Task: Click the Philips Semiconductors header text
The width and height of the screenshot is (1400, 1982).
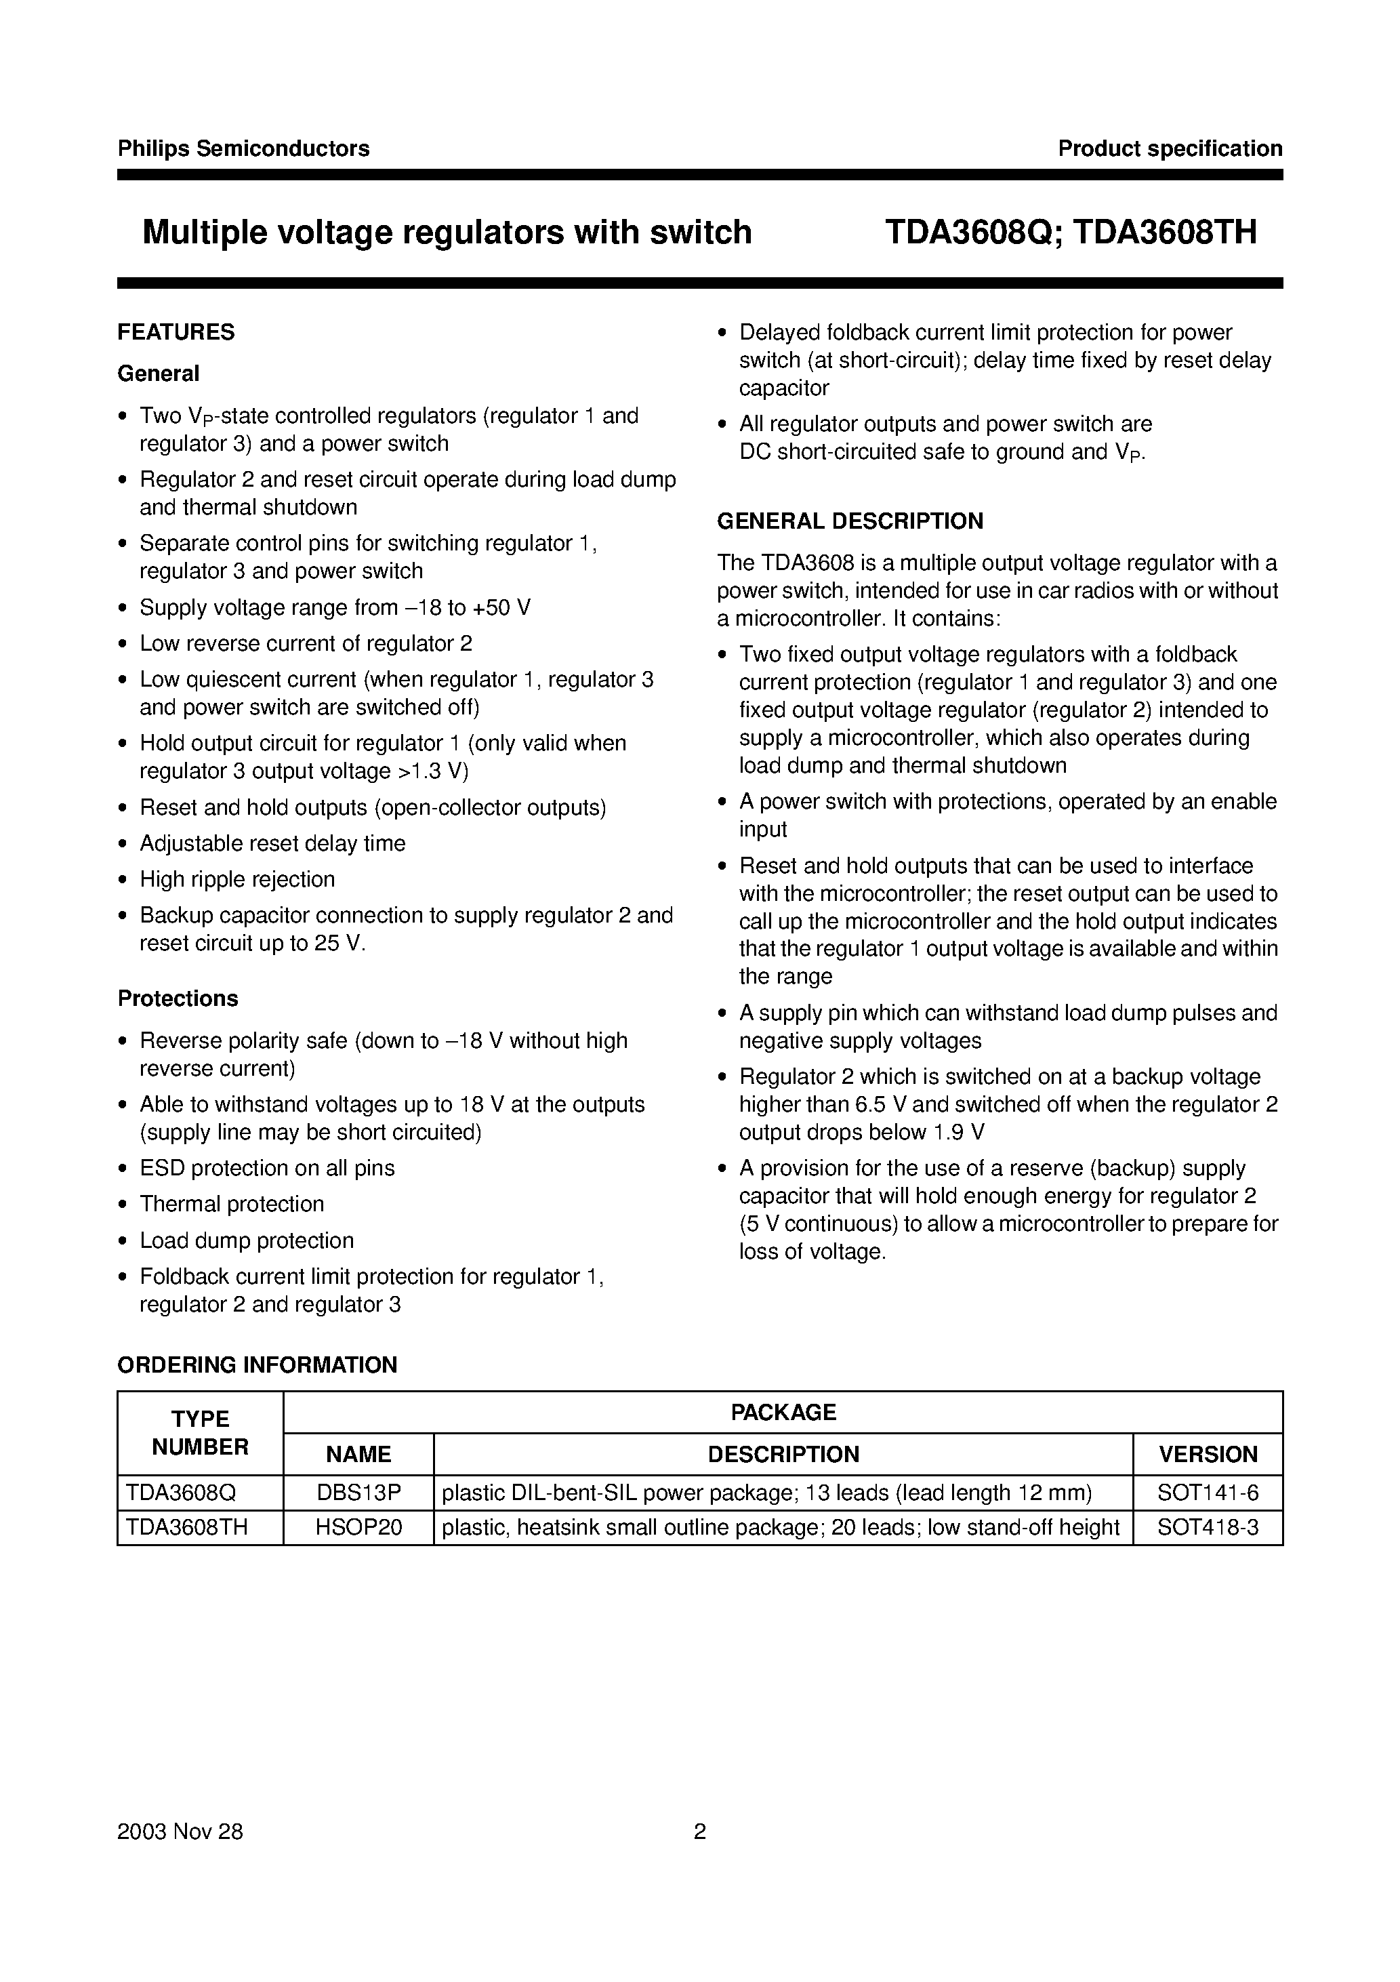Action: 243,148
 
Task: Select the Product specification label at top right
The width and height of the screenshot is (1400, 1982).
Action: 1170,148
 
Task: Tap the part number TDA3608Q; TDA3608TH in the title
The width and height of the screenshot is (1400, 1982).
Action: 1070,232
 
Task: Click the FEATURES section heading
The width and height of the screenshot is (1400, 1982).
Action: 176,332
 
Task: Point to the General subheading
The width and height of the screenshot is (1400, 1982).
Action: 158,373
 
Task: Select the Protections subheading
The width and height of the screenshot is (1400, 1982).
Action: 178,998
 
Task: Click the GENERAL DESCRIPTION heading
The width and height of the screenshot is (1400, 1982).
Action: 850,521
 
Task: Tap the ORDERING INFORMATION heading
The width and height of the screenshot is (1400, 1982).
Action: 258,1364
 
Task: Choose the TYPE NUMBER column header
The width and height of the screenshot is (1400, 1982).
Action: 201,1433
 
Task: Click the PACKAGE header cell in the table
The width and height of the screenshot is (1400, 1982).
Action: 783,1412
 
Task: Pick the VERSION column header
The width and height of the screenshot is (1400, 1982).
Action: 1208,1455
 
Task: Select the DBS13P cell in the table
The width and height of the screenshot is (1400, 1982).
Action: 358,1493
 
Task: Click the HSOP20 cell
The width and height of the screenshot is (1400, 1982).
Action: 358,1528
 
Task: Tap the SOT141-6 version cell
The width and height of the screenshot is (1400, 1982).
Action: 1208,1493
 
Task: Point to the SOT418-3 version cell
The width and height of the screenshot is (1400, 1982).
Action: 1208,1528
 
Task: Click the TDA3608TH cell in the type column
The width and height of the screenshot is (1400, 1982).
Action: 186,1528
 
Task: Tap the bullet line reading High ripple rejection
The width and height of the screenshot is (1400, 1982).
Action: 237,880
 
